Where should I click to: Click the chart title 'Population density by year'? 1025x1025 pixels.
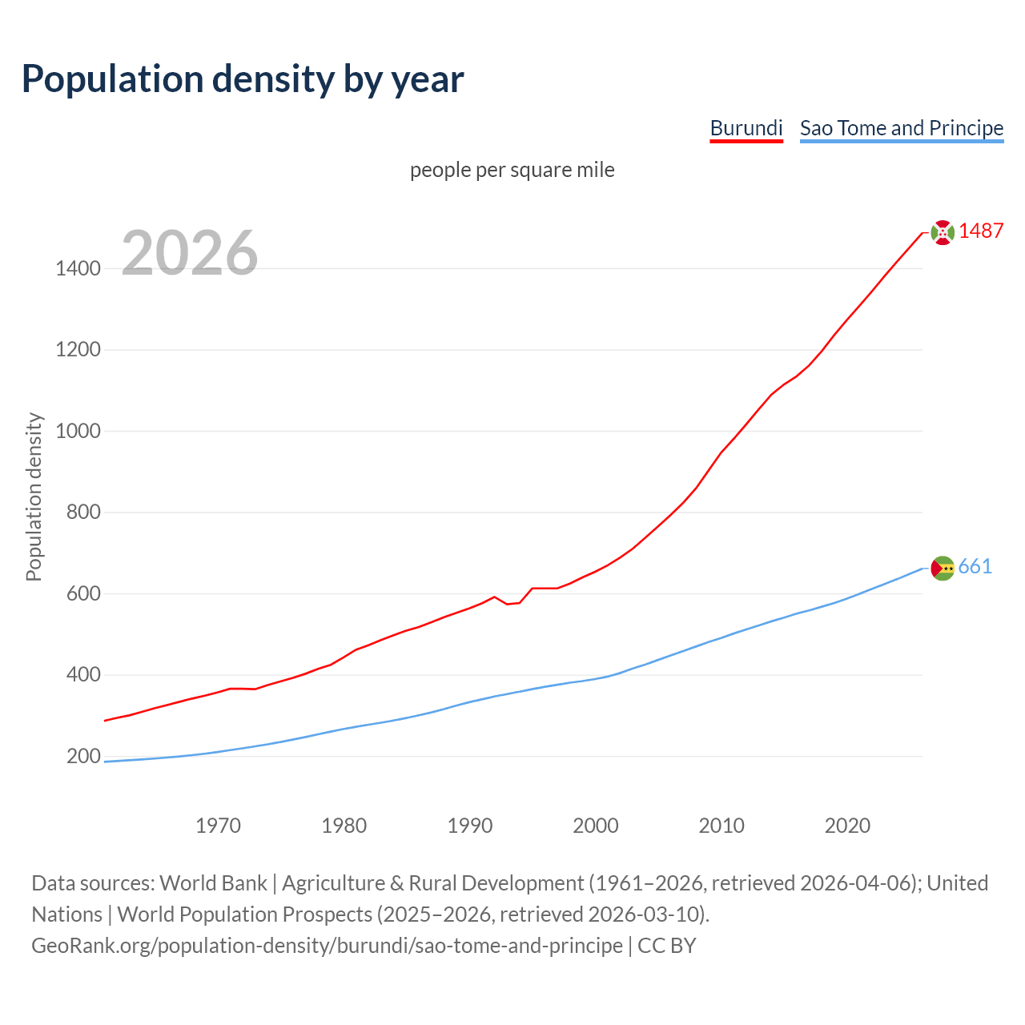click(243, 78)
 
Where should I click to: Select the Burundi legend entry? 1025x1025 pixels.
click(746, 128)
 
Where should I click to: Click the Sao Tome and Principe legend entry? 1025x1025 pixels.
click(902, 128)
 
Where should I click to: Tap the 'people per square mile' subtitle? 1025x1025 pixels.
click(512, 170)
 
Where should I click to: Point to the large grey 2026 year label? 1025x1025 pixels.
click(190, 253)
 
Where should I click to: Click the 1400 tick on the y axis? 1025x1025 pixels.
click(78, 268)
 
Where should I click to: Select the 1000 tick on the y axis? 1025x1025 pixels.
click(78, 431)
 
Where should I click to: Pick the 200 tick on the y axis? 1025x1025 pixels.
click(83, 756)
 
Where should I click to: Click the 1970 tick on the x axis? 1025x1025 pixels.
click(219, 825)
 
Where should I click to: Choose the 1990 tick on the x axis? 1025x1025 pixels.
click(470, 825)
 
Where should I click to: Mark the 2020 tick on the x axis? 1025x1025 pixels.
click(847, 825)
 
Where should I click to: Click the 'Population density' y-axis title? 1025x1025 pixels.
click(34, 496)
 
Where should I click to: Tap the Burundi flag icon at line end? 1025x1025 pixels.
click(943, 232)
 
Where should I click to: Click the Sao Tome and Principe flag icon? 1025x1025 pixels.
click(943, 568)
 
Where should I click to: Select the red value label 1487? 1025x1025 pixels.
click(981, 231)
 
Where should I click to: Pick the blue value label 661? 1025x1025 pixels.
click(975, 566)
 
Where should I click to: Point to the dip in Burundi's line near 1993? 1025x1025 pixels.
click(508, 603)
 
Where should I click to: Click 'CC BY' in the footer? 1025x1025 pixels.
click(666, 946)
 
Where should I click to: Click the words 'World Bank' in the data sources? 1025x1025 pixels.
click(213, 883)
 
